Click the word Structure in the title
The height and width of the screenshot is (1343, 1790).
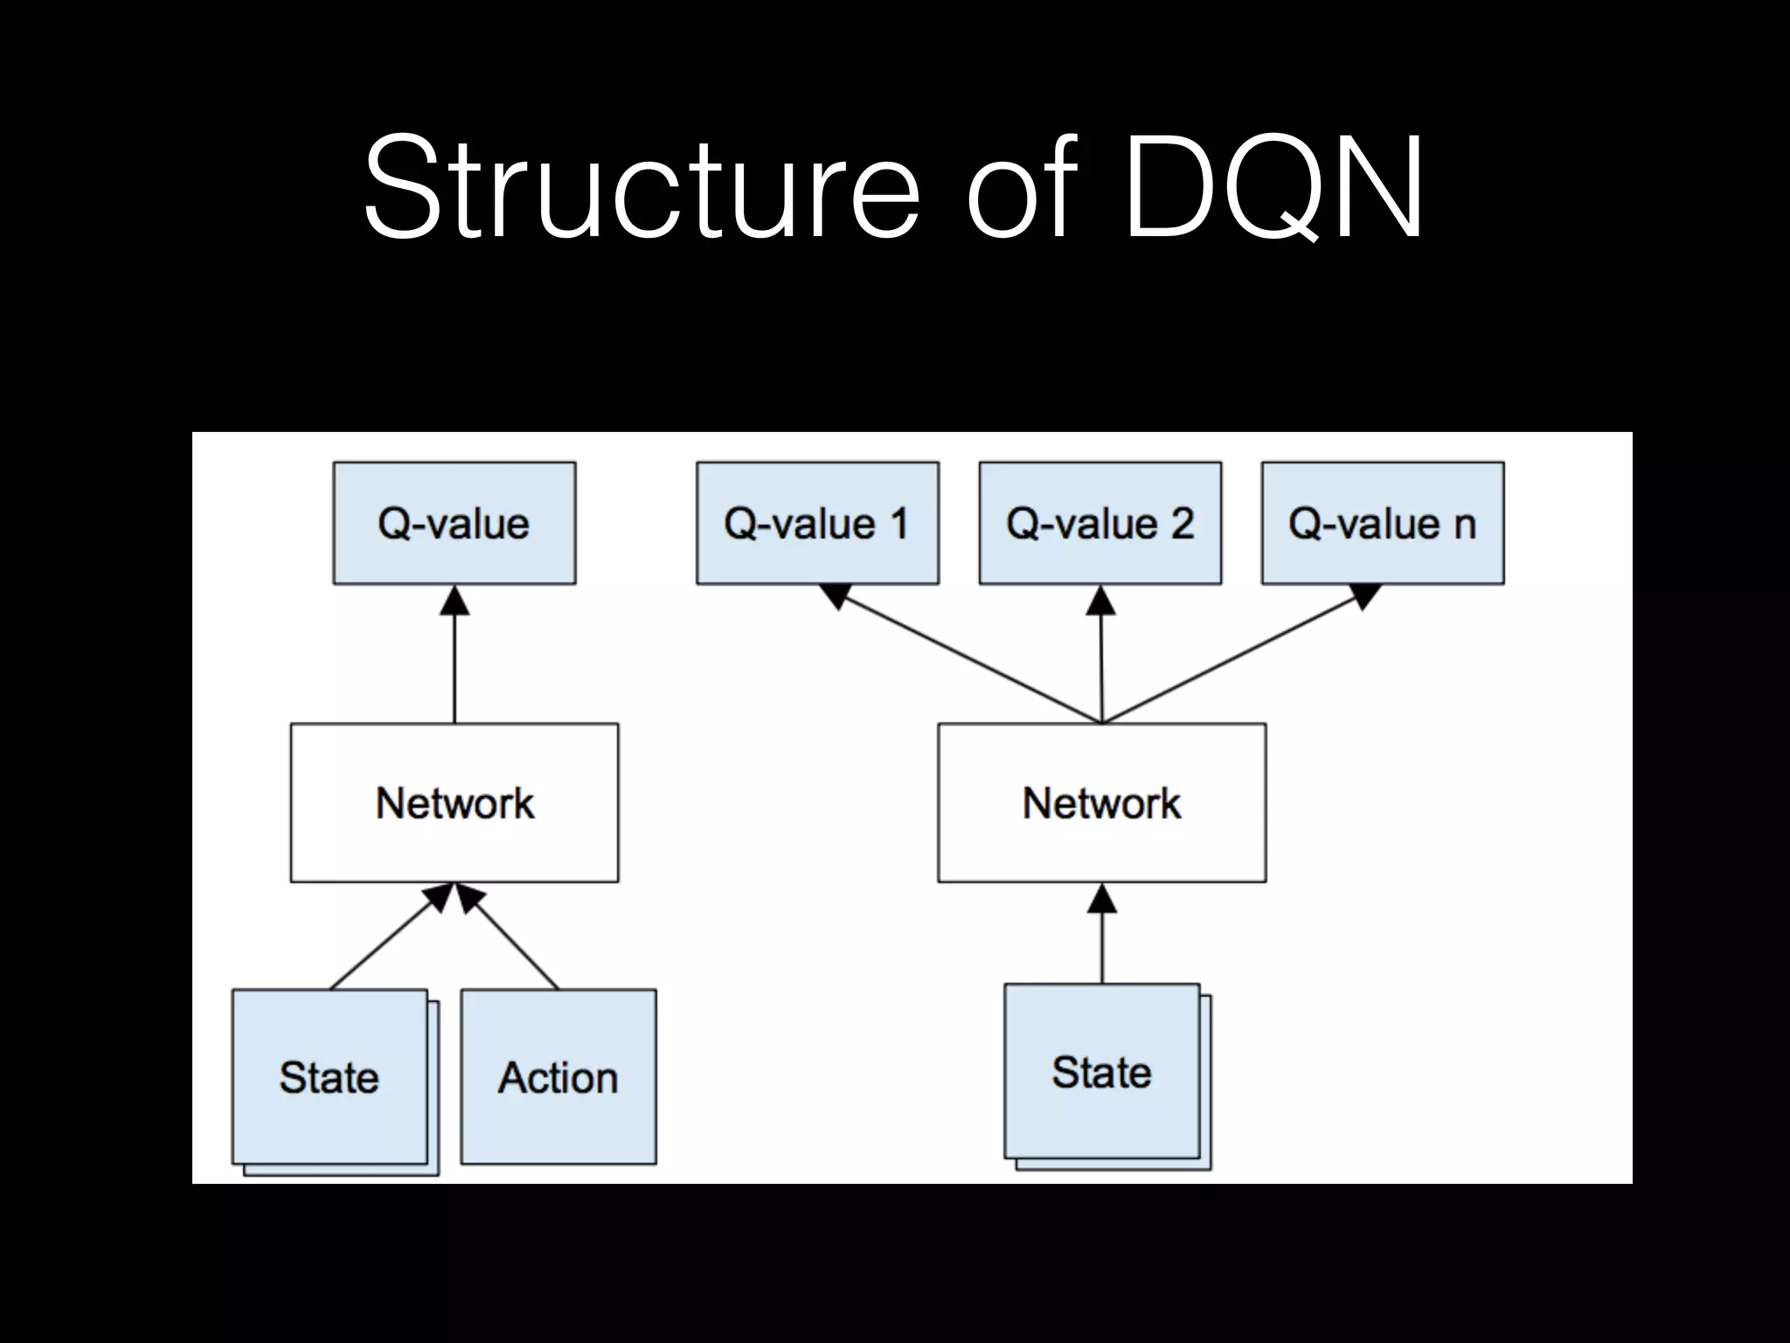point(642,188)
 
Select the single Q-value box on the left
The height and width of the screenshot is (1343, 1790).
point(454,523)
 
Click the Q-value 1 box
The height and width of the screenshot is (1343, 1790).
point(817,523)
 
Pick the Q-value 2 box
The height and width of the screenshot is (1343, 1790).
point(1100,523)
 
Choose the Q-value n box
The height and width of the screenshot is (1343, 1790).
point(1382,523)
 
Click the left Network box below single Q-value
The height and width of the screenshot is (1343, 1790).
point(454,802)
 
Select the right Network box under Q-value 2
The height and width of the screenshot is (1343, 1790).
point(1101,802)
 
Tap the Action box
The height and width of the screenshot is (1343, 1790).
point(558,1076)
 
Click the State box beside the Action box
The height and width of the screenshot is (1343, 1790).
point(330,1076)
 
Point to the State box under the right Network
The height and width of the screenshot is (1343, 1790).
point(1101,1071)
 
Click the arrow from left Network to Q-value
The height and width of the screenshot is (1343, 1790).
point(454,656)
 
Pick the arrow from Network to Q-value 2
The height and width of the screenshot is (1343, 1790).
point(1101,656)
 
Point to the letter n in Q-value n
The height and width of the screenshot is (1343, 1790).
point(1465,525)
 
